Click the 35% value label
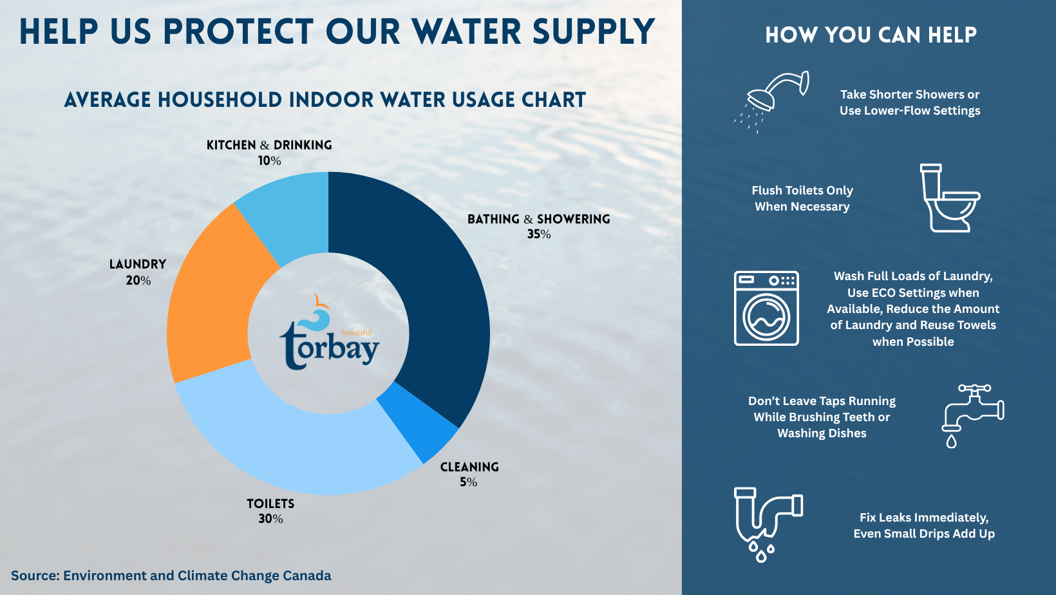(539, 234)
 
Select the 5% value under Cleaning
(469, 482)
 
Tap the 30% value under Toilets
(270, 519)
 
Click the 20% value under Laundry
(138, 281)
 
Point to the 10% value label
(269, 161)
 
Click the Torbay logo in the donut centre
(329, 332)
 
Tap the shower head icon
(772, 101)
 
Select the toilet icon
(950, 198)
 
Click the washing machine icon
(766, 308)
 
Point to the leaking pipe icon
(768, 524)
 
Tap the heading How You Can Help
(871, 35)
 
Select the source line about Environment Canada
(171, 576)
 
